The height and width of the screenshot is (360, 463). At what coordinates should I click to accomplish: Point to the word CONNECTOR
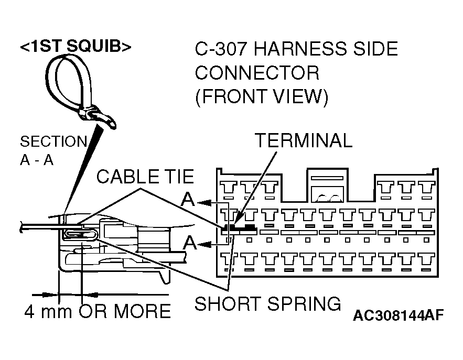click(x=257, y=73)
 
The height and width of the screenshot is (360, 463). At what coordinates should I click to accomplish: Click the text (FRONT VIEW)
click(x=261, y=97)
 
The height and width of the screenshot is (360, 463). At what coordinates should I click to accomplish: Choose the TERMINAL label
click(x=303, y=140)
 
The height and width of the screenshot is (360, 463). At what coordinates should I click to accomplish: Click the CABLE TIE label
click(x=145, y=177)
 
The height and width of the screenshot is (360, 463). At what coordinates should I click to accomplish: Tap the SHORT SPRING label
click(x=268, y=303)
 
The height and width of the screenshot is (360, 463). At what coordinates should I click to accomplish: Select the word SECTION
click(x=53, y=141)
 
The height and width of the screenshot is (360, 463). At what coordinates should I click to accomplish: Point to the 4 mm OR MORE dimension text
click(x=98, y=311)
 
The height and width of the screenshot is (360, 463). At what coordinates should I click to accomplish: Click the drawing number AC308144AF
click(x=398, y=316)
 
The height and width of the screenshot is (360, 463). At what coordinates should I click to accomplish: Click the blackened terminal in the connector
click(x=238, y=228)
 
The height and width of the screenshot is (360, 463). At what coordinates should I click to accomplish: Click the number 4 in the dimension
click(x=30, y=311)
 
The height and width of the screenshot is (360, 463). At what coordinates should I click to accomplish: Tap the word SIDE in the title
click(x=374, y=50)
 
